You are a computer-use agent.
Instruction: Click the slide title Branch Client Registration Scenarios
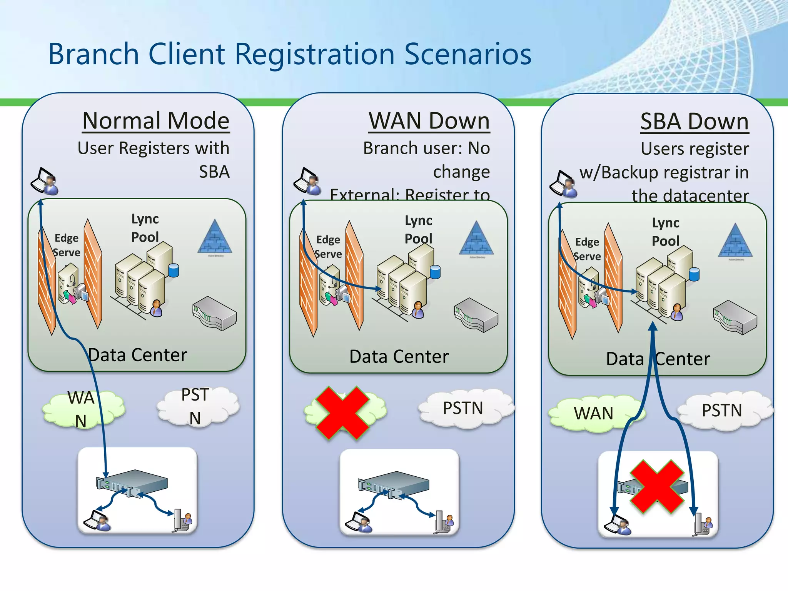point(289,54)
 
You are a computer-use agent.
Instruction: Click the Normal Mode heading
point(156,121)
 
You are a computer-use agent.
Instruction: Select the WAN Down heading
point(429,121)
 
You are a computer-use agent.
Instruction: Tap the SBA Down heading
point(695,122)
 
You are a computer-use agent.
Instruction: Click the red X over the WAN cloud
point(342,412)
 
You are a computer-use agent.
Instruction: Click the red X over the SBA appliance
point(657,487)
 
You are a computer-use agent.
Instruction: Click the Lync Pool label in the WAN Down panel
point(418,229)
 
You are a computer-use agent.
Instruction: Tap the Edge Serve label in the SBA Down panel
point(587,249)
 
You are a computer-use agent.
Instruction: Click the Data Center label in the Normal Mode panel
point(137,355)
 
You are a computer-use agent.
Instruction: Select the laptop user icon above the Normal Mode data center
point(45,181)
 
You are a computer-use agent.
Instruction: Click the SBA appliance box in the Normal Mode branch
point(132,483)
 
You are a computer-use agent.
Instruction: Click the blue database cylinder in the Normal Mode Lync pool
point(174,270)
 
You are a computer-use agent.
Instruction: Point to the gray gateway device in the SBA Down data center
point(735,317)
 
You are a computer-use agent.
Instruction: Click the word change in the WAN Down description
point(461,172)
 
